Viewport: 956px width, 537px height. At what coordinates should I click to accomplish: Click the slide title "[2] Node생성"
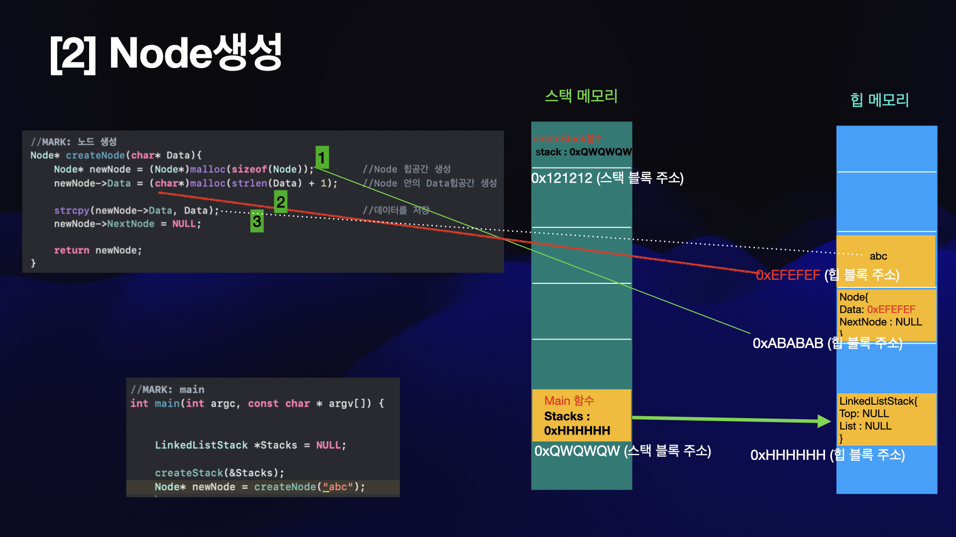pyautogui.click(x=166, y=53)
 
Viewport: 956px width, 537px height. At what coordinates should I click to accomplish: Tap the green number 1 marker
pyautogui.click(x=322, y=158)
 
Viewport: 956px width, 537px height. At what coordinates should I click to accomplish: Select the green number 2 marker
pyautogui.click(x=281, y=202)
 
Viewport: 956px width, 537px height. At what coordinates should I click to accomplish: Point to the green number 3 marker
pyautogui.click(x=257, y=221)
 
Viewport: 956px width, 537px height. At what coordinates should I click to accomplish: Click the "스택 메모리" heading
pyautogui.click(x=581, y=95)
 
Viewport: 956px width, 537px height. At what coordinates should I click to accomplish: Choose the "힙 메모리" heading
pyautogui.click(x=879, y=100)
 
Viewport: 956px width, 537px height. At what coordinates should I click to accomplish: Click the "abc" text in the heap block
pyautogui.click(x=878, y=256)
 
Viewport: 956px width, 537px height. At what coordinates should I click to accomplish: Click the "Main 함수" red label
pyautogui.click(x=569, y=401)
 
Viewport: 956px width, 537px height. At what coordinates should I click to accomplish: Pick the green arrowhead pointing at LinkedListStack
pyautogui.click(x=824, y=421)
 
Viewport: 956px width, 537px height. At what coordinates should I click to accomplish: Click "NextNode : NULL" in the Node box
pyautogui.click(x=880, y=322)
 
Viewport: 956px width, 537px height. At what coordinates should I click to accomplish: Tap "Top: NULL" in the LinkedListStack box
pyautogui.click(x=864, y=414)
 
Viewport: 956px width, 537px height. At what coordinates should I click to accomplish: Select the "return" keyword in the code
pyautogui.click(x=72, y=250)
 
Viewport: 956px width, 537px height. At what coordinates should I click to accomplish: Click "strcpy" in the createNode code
pyautogui.click(x=72, y=210)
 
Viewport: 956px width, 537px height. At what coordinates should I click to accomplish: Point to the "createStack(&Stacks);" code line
pyautogui.click(x=220, y=472)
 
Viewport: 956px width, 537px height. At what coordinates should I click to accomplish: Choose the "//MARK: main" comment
pyautogui.click(x=167, y=389)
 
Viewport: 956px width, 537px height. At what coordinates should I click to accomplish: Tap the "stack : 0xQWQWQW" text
pyautogui.click(x=583, y=152)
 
